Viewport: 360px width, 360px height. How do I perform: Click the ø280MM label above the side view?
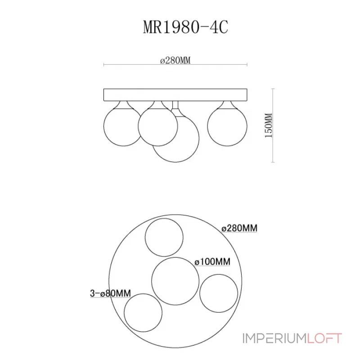175,61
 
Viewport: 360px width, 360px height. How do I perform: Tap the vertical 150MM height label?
268,125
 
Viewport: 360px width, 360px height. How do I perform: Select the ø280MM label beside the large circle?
239,229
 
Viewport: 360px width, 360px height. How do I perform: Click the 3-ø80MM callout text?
110,293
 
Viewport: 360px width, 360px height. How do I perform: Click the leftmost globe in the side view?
122,127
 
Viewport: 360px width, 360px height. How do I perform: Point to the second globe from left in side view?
157,127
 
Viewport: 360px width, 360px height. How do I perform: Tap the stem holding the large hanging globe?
176,108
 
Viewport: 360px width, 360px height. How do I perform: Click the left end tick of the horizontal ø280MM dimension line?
104,65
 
